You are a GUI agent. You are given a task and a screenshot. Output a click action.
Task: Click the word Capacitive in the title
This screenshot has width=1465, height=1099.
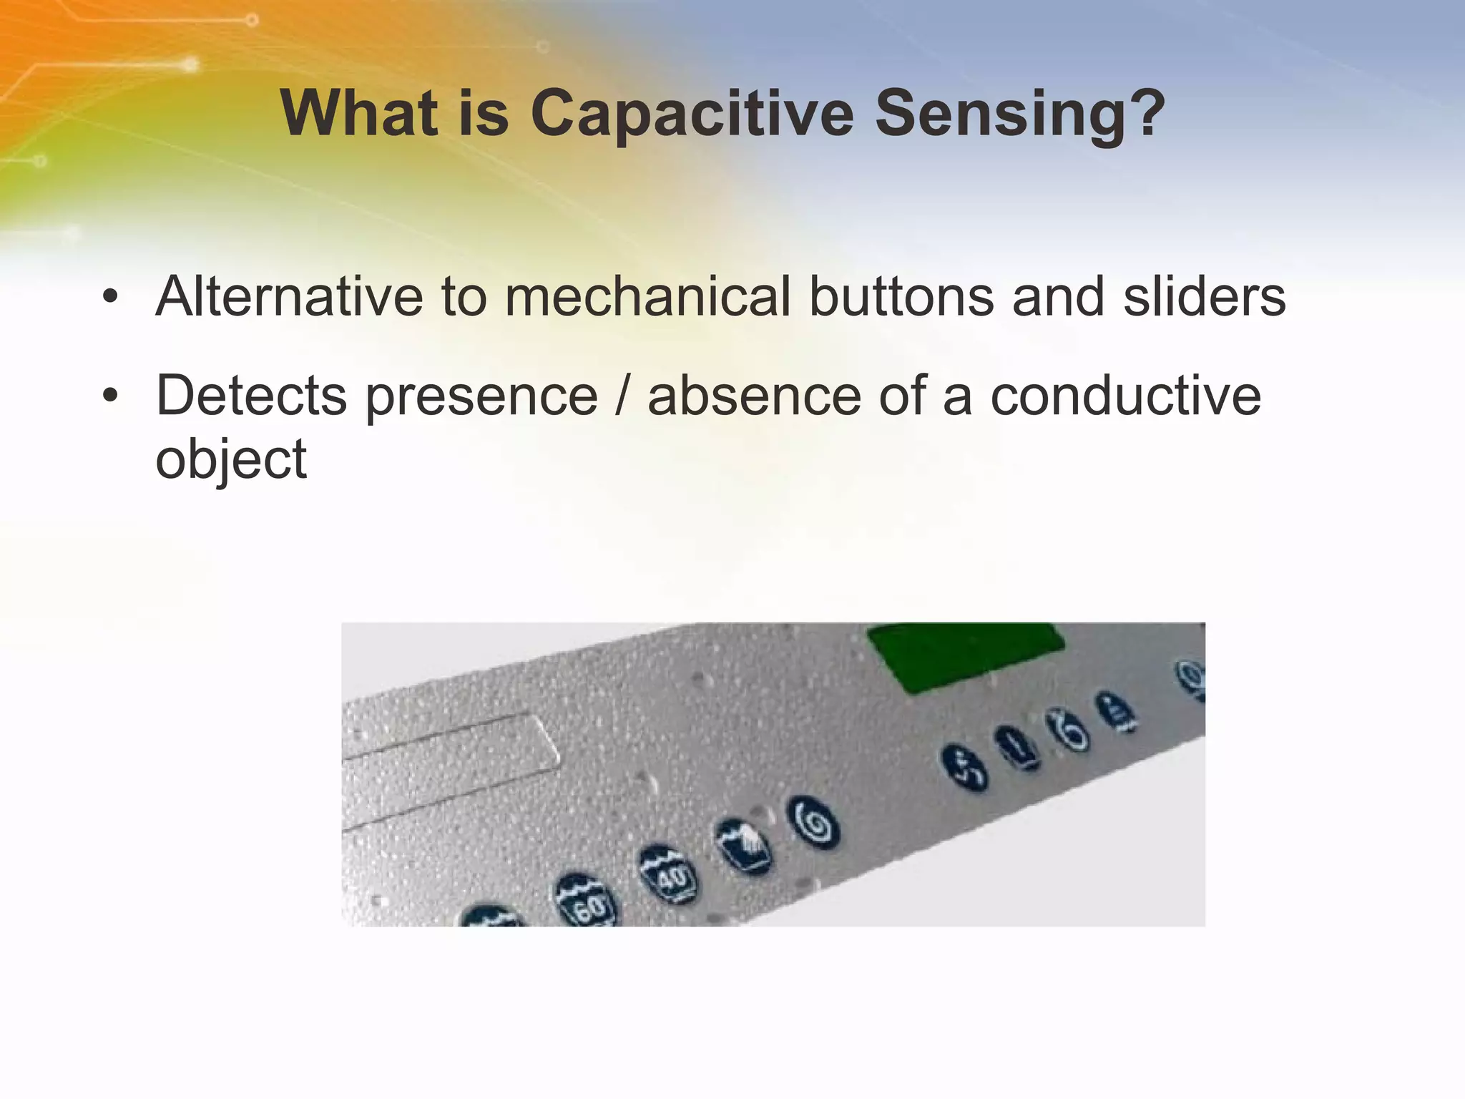692,114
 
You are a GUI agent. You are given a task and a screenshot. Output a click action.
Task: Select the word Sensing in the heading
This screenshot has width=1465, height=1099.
1019,114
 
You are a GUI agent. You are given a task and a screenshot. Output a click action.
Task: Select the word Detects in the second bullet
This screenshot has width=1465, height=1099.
251,396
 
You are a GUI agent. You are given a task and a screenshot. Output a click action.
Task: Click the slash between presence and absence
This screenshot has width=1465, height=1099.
622,396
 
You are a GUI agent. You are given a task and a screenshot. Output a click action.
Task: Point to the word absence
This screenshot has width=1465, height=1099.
754,396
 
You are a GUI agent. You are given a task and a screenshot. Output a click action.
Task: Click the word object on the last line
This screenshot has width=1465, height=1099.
231,460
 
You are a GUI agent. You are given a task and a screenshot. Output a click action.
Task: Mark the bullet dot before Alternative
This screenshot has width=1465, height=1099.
109,298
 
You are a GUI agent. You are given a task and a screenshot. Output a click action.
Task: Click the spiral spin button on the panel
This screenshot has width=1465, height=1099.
814,824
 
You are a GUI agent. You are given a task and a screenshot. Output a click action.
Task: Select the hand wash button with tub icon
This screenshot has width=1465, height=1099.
744,846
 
